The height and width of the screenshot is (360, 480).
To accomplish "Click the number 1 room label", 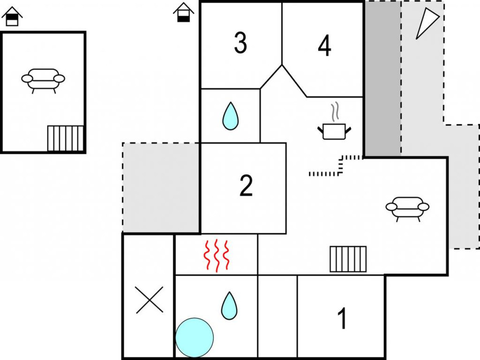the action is point(342,318).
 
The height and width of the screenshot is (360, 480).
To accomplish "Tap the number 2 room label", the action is point(246,185).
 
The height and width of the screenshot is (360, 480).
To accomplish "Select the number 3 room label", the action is point(241,43).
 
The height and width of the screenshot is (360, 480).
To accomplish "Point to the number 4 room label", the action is point(325,46).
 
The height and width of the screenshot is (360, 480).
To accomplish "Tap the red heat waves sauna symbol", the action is point(216,255).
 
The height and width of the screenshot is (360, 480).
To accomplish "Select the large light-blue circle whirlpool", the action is point(194,337).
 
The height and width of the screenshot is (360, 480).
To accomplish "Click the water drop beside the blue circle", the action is point(229,306).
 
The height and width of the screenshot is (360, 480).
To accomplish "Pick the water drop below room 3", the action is point(230,116).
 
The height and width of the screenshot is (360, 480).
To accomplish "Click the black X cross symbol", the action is point(149,300).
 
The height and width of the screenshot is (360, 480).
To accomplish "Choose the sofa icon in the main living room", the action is point(407,209).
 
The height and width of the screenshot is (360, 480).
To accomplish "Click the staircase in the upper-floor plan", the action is point(65,138).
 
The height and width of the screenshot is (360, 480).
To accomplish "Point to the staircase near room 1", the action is point(348,259).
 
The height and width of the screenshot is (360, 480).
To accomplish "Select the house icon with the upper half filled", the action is point(12,16).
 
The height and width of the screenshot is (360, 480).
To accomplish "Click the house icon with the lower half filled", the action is point(184,12).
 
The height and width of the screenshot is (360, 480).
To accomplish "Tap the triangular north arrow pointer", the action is point(427,23).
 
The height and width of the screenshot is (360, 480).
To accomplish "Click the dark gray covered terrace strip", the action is point(383,79).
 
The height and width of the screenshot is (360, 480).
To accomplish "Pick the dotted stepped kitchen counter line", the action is point(336,166).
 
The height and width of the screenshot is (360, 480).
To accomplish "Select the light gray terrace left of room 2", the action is point(161,188).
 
